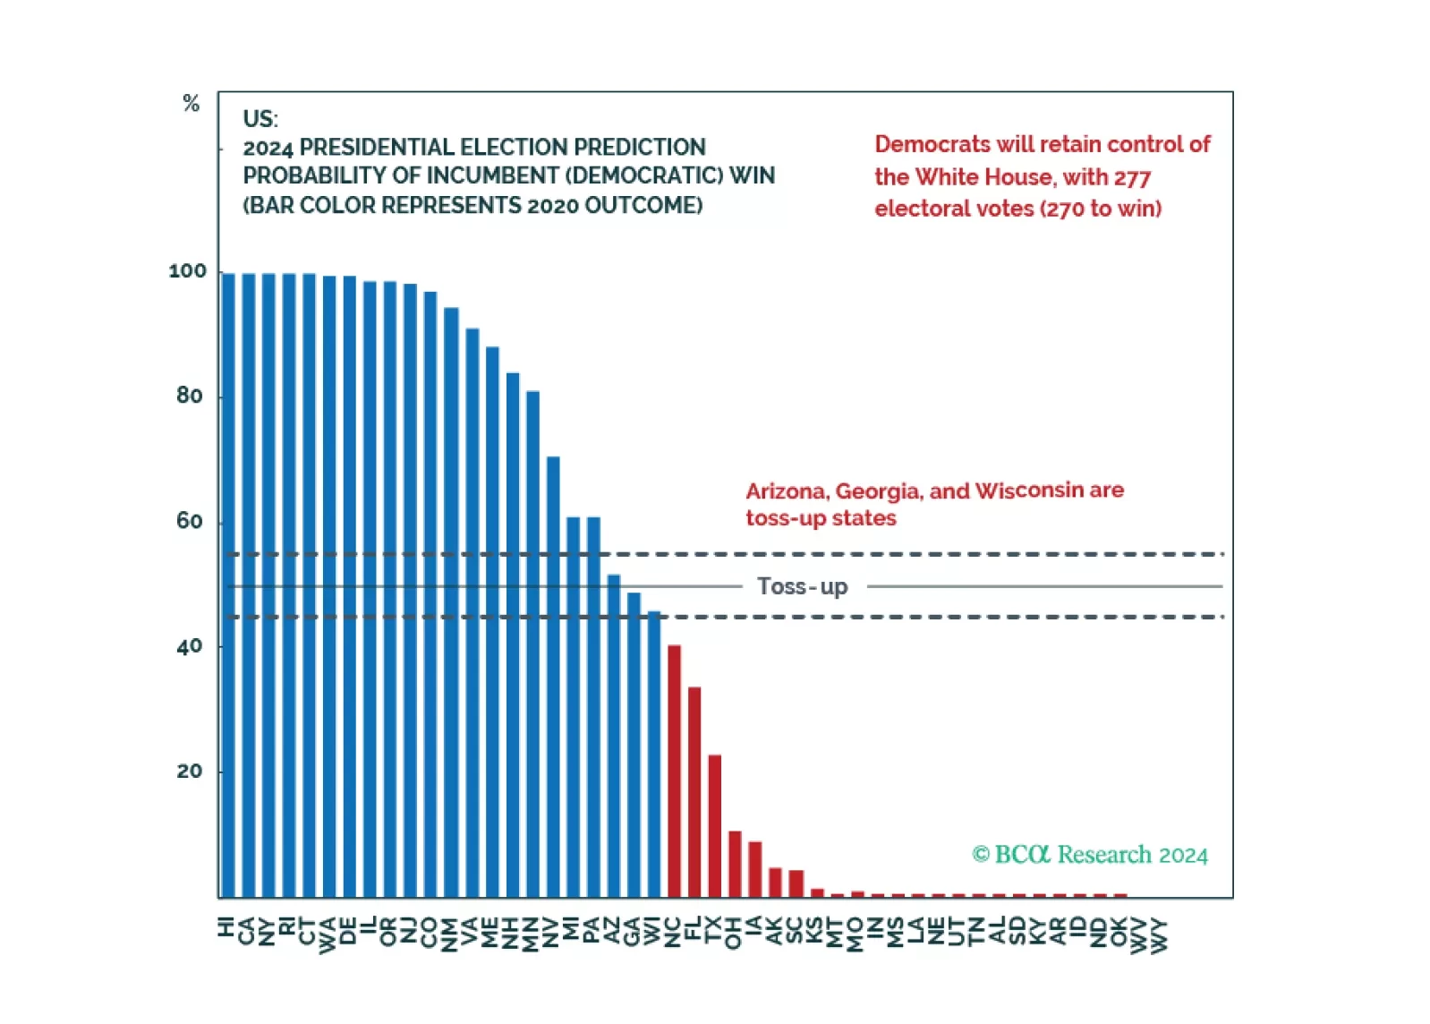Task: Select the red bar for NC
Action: click(x=674, y=771)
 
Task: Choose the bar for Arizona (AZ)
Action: click(x=614, y=735)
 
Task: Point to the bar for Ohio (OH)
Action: click(x=735, y=864)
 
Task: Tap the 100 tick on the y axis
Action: click(x=187, y=271)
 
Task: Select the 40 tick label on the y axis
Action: click(x=190, y=646)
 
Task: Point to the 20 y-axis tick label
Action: click(x=190, y=772)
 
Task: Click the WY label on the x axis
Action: click(x=1160, y=934)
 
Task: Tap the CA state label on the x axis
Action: click(x=248, y=931)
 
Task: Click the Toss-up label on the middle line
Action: click(x=802, y=586)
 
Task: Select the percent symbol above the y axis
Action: click(x=191, y=104)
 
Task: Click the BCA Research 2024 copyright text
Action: click(x=1090, y=855)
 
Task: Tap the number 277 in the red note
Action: click(x=1132, y=177)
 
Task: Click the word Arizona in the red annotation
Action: click(x=787, y=491)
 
